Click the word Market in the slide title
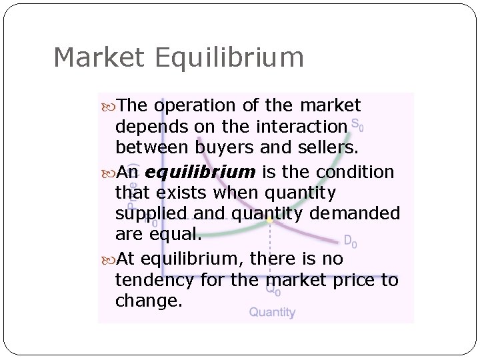tap(99, 57)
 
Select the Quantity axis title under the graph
tap(273, 312)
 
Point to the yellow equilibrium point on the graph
tap(269, 218)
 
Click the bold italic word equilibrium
tap(200, 173)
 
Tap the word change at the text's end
tap(147, 301)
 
